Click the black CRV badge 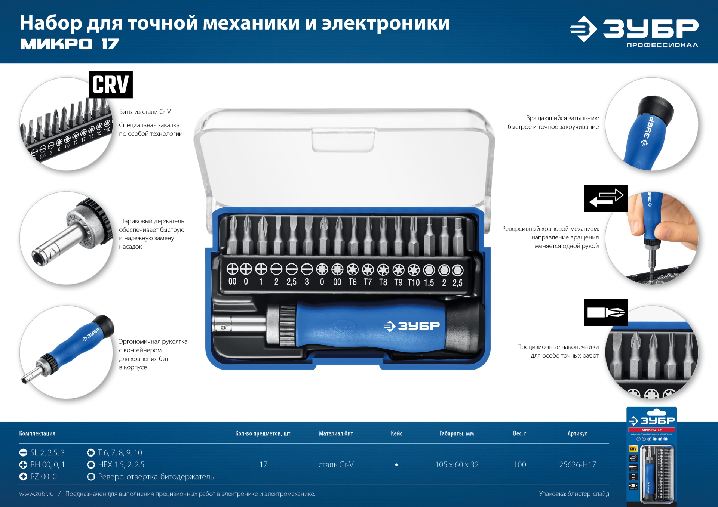click(110, 85)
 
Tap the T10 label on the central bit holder click(414, 282)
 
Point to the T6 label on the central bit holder click(352, 282)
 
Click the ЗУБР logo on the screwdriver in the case click(412, 326)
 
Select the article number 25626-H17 click(577, 464)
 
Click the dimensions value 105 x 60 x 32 click(457, 464)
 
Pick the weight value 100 click(519, 464)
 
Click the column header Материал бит click(336, 433)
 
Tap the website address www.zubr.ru click(36, 494)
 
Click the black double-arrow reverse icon click(606, 198)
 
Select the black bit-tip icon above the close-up click(606, 312)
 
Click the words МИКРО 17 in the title click(70, 44)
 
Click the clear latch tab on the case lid click(343, 140)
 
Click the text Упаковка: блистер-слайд click(574, 494)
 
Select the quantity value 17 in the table click(263, 464)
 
